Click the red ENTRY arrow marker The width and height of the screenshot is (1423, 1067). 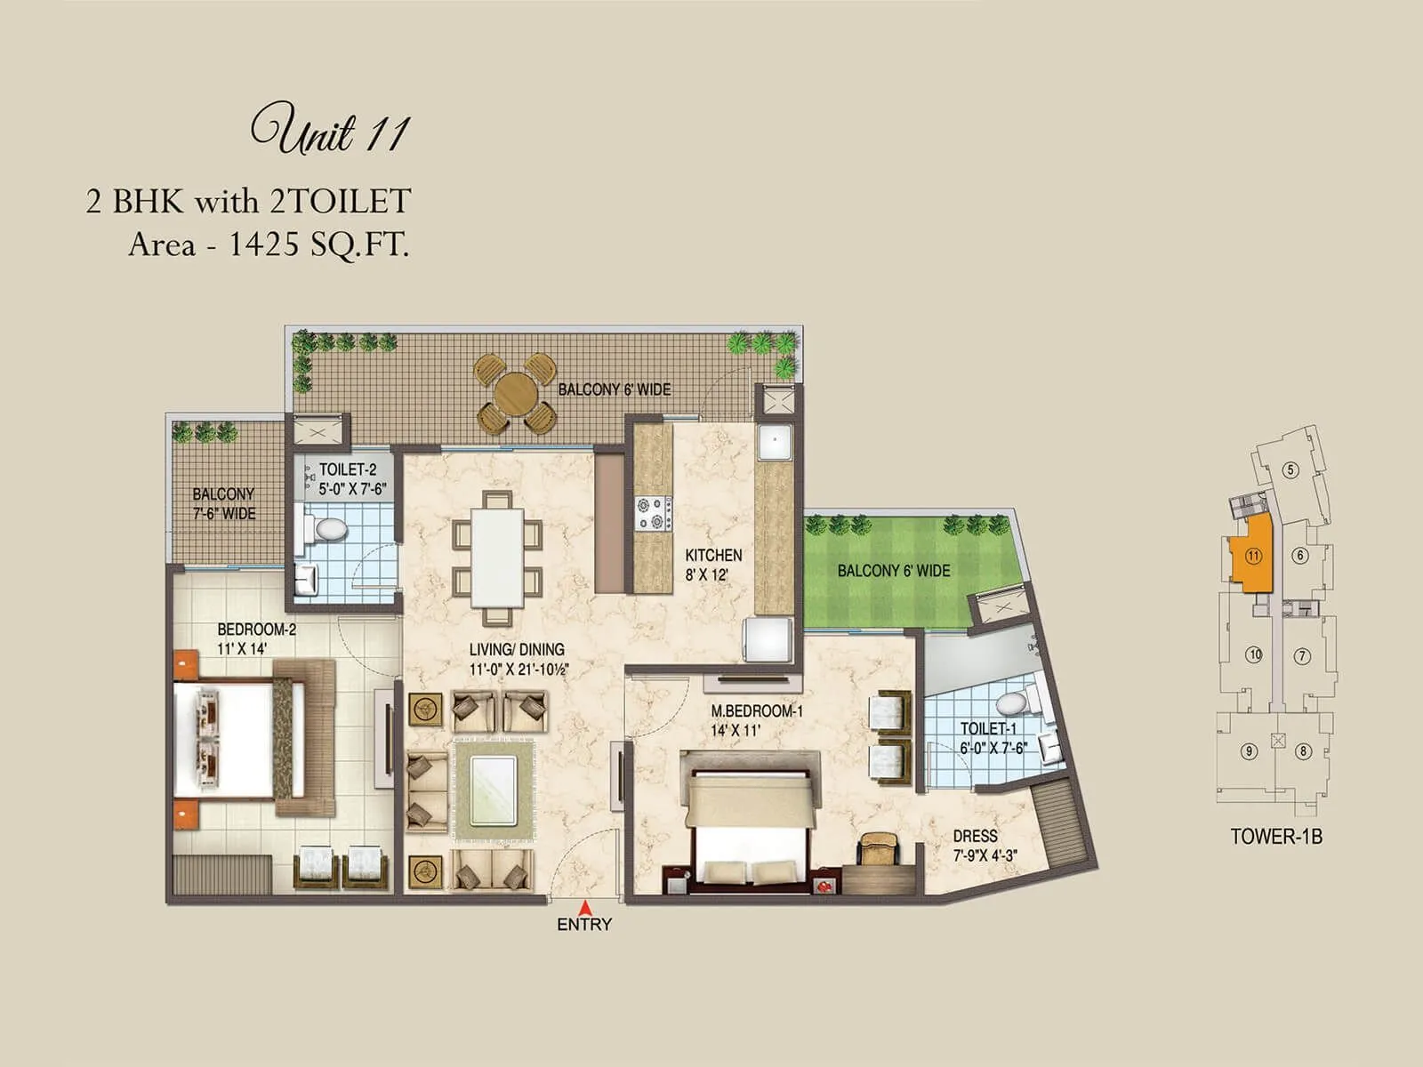pyautogui.click(x=585, y=907)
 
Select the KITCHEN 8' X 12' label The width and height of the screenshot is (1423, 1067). pyautogui.click(x=712, y=565)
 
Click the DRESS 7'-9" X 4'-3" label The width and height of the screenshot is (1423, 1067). pyautogui.click(x=984, y=846)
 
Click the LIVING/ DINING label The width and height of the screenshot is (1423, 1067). pyautogui.click(x=517, y=659)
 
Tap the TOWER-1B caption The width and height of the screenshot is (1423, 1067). pyautogui.click(x=1275, y=837)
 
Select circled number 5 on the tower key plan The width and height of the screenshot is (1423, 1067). pyautogui.click(x=1290, y=470)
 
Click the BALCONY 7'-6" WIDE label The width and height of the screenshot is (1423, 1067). pyautogui.click(x=224, y=503)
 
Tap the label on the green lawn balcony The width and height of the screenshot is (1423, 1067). pyautogui.click(x=893, y=571)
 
